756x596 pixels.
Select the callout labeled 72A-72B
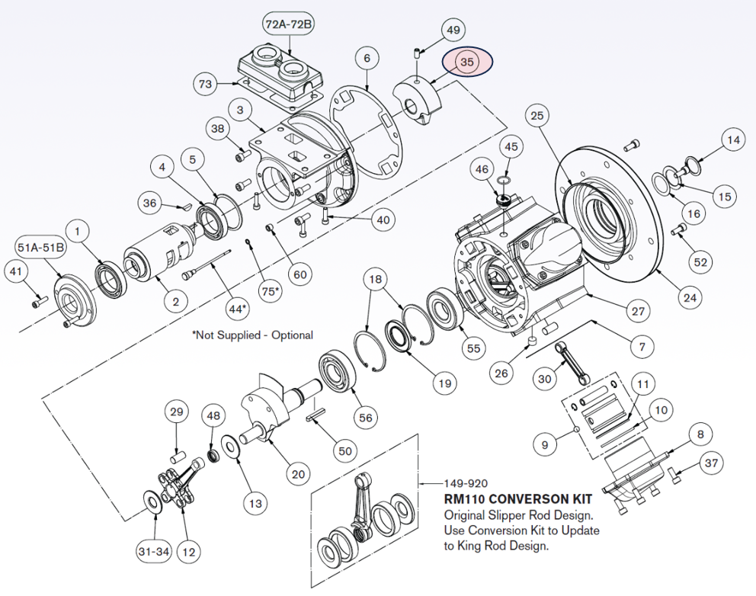[289, 24]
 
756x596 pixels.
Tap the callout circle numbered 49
[453, 30]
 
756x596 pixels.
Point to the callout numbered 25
[537, 116]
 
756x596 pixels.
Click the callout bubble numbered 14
[732, 140]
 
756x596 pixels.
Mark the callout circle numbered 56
[366, 418]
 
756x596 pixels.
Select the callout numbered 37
[711, 463]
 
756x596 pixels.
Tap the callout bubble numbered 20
[298, 473]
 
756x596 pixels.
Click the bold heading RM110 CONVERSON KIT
[518, 499]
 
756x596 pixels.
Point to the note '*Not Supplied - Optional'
[252, 335]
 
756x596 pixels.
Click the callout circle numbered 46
[482, 168]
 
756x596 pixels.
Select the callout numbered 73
[205, 84]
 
